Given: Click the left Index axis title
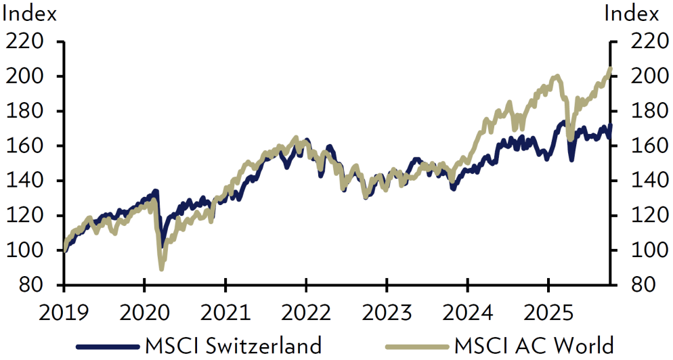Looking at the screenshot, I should pos(30,13).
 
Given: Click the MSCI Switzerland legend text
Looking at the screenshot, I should pos(233,346).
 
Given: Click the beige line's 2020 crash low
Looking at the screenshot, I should pos(161,269).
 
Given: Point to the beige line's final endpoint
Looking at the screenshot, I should pos(610,69).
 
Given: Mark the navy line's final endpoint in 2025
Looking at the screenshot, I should pos(610,125).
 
